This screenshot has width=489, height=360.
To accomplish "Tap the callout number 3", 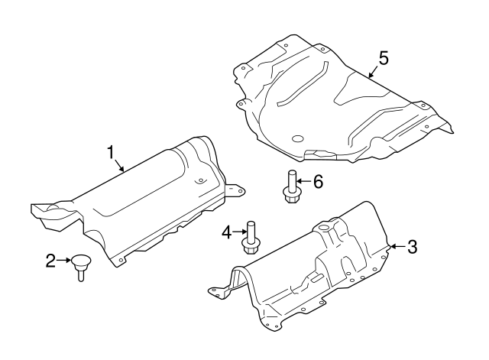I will pos(413,246).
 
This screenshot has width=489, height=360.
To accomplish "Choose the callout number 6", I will pos(318,181).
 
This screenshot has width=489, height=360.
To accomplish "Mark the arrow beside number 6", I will pos(304,181).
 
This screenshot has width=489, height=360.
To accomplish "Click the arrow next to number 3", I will pos(397,246).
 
